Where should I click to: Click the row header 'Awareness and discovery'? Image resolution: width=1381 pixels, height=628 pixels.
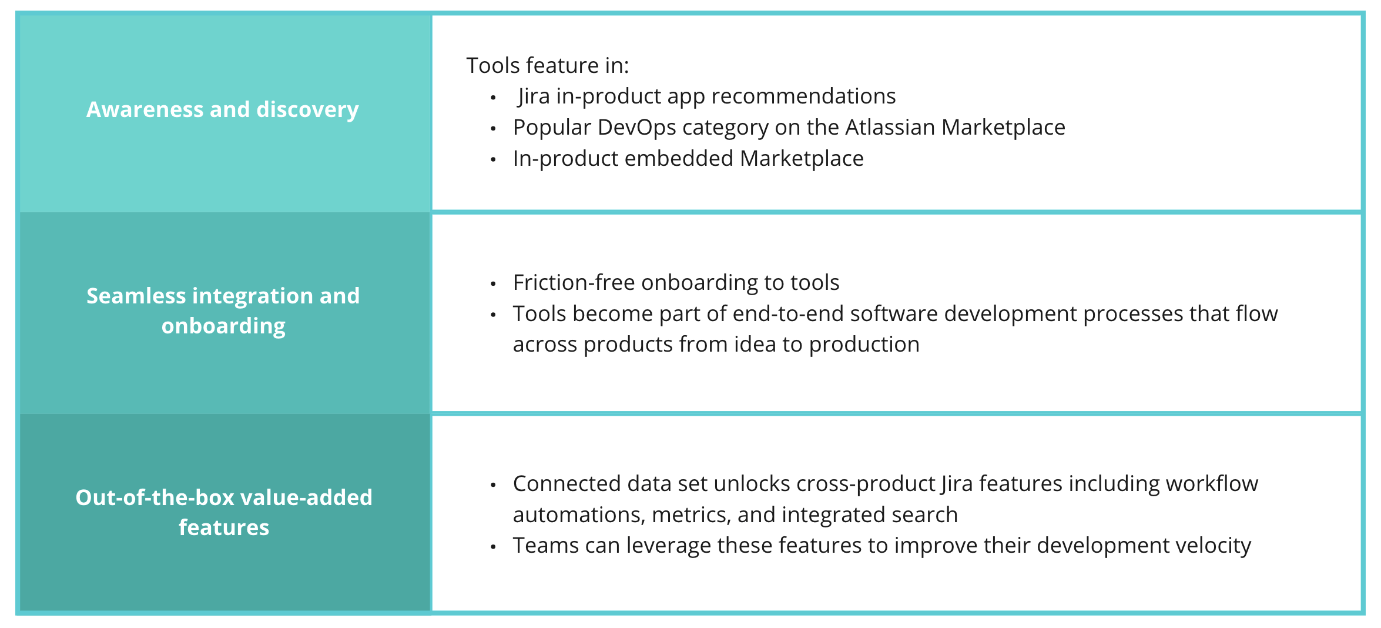[222, 110]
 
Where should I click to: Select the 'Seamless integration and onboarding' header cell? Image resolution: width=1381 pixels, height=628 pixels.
[223, 310]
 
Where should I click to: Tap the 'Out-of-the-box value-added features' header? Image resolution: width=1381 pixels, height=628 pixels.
[224, 512]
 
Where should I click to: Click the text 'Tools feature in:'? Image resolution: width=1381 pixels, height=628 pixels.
[547, 66]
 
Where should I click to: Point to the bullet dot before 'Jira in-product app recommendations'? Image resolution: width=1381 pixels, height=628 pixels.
[494, 98]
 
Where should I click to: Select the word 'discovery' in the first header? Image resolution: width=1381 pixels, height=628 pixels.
[307, 110]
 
